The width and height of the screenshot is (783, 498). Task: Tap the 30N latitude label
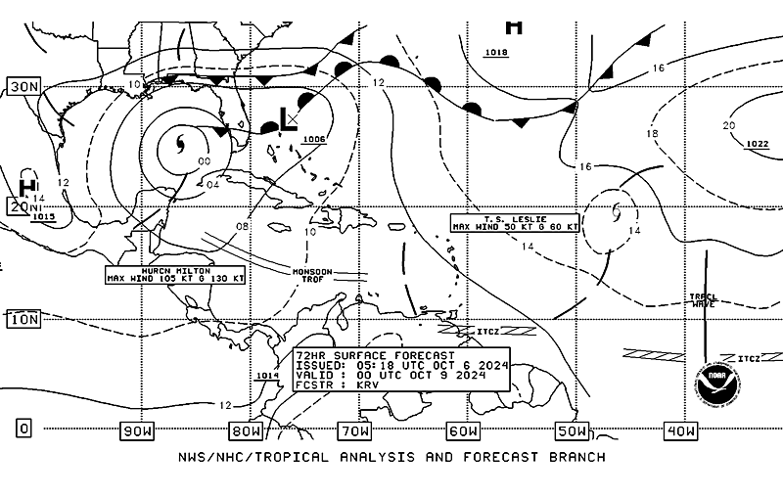click(x=23, y=86)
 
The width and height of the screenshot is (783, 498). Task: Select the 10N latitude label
click(x=23, y=319)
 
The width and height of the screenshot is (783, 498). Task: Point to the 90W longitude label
click(x=138, y=430)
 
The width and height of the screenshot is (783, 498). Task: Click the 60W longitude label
click(x=463, y=430)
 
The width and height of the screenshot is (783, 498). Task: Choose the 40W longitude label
click(x=679, y=430)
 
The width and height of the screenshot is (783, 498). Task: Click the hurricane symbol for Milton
click(x=180, y=147)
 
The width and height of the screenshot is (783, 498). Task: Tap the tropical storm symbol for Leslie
click(x=616, y=210)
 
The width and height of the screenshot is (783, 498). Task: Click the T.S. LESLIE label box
click(x=515, y=222)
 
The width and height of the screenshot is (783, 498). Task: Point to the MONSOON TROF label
click(x=312, y=274)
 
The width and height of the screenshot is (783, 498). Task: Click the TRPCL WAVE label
click(x=703, y=300)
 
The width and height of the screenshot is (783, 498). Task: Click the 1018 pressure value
click(x=496, y=52)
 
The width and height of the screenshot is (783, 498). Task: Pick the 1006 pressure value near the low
click(x=314, y=139)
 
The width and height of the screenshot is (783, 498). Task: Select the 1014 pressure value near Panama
click(x=266, y=376)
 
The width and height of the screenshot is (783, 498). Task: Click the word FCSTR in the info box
click(x=316, y=385)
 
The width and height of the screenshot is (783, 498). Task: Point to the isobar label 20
click(x=728, y=125)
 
